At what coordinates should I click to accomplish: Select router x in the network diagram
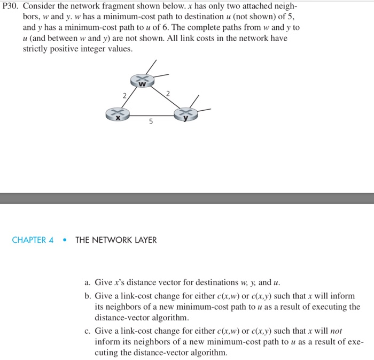pyautogui.click(x=118, y=113)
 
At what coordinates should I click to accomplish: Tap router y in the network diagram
pyautogui.click(x=185, y=114)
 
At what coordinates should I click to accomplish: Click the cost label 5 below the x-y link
pyautogui.click(x=151, y=122)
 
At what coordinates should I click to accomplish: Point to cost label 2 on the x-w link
pyautogui.click(x=124, y=95)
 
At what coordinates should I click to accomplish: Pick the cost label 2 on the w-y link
pyautogui.click(x=168, y=94)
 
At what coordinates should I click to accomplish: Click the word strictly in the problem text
pyautogui.click(x=36, y=49)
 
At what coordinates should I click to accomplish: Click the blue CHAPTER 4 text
pyautogui.click(x=33, y=240)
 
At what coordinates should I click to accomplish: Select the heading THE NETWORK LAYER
pyautogui.click(x=116, y=240)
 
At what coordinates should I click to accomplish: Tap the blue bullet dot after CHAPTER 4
pyautogui.click(x=64, y=240)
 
